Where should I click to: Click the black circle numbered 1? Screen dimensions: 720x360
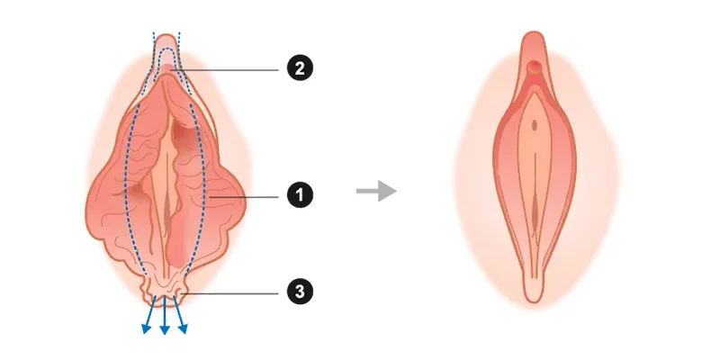coord(300,195)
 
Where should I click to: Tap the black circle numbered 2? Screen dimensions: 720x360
coord(300,68)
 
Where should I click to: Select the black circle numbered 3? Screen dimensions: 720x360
coord(300,292)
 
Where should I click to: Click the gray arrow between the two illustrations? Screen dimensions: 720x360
coord(376,191)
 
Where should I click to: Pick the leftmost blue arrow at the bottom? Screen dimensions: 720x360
coord(149,315)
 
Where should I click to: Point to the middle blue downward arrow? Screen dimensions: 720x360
coord(165,316)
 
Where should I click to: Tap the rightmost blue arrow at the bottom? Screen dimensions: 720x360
coord(181,315)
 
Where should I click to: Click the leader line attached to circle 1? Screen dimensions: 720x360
coord(243,197)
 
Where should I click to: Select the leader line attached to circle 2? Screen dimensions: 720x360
coord(225,70)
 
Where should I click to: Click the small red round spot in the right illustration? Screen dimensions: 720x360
coord(534,67)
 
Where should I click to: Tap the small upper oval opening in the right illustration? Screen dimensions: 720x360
coord(535,125)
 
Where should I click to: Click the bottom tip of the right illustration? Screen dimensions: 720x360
coord(534,301)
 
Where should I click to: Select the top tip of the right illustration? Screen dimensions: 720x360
coord(534,32)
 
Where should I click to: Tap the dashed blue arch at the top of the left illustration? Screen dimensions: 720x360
coord(167,50)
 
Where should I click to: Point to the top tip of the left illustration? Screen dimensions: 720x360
coord(166,34)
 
